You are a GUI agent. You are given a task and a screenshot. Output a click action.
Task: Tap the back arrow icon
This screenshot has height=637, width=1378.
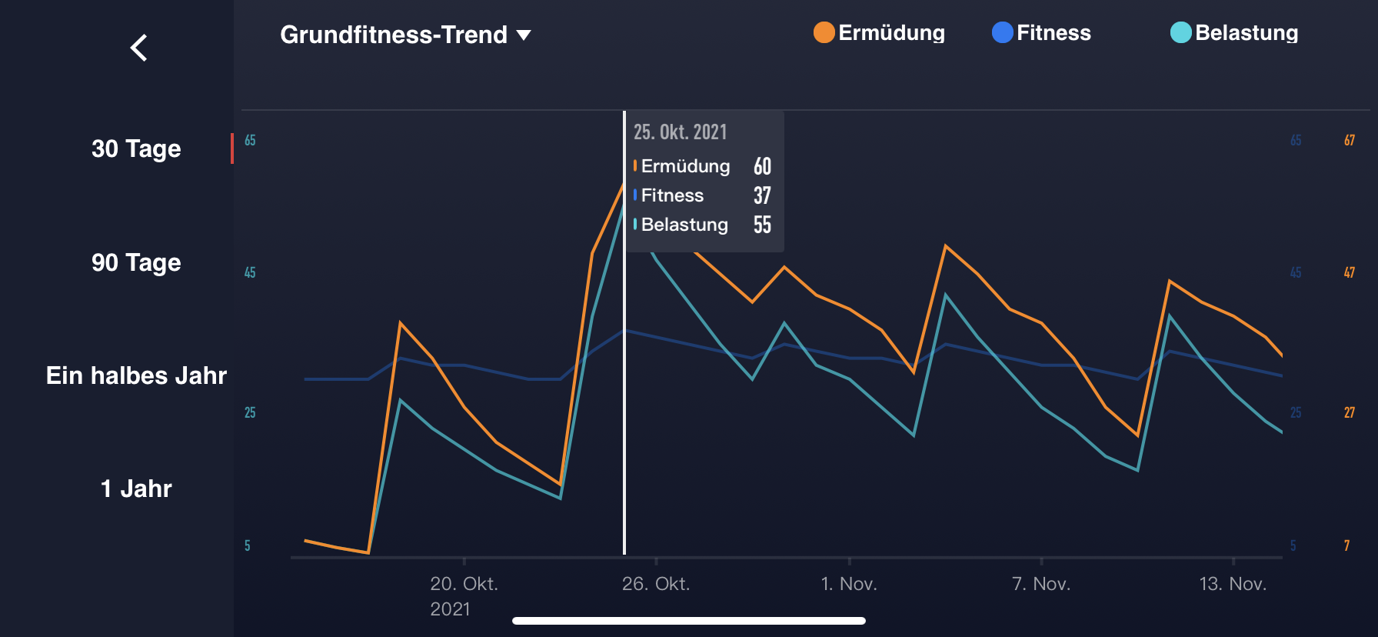[139, 48]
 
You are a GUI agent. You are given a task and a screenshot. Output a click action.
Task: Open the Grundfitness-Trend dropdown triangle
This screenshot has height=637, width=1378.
[524, 35]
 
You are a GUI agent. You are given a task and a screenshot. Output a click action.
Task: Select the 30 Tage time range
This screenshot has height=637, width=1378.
[136, 148]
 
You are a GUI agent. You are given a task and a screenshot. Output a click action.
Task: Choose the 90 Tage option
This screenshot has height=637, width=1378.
[136, 262]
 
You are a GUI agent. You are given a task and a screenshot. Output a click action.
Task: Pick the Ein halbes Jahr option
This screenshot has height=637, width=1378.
[136, 375]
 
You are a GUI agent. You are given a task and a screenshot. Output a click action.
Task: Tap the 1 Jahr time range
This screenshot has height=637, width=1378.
[136, 489]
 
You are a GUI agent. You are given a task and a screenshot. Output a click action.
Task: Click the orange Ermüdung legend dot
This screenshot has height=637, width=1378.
[824, 32]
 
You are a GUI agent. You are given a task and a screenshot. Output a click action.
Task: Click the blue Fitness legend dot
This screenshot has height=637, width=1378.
[1002, 32]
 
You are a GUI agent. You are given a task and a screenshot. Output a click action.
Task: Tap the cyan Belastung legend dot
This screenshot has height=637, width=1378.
[1180, 32]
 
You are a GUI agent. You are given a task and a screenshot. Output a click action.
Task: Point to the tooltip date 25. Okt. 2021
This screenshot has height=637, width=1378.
[680, 132]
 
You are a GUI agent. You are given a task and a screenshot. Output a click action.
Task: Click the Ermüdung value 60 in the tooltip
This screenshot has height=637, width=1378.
[762, 166]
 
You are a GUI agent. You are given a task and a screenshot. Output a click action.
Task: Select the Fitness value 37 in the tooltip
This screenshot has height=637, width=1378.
[762, 195]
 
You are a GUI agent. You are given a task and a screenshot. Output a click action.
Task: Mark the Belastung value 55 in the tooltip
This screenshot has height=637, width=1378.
[762, 225]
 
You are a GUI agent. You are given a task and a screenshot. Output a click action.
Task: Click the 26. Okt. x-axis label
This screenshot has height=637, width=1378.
[656, 584]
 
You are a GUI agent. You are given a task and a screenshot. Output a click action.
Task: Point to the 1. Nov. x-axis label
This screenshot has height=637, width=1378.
[849, 584]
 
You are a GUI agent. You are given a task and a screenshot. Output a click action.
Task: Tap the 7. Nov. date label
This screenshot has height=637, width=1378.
[1041, 584]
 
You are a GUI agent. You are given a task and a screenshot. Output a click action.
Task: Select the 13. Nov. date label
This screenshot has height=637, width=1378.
[1233, 584]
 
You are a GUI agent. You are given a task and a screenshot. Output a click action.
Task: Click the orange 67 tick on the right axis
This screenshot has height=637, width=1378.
[1350, 140]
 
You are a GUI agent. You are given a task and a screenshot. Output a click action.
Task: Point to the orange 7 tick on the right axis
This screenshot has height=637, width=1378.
[1346, 545]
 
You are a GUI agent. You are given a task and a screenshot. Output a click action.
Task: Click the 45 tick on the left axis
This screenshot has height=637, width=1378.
[250, 272]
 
